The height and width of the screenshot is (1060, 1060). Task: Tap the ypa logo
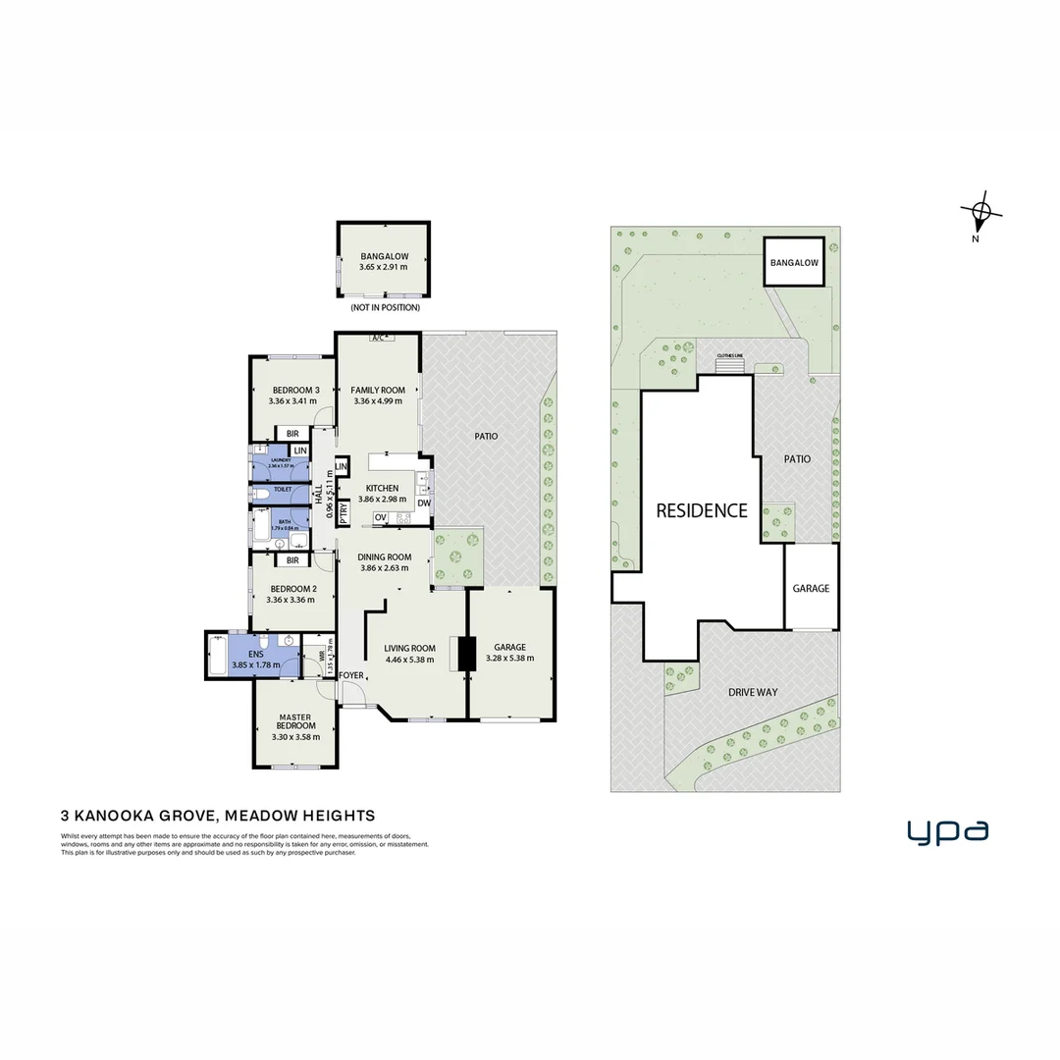click(947, 832)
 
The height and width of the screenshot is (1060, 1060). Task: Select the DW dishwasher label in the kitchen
click(424, 503)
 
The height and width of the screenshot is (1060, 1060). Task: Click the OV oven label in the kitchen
click(380, 517)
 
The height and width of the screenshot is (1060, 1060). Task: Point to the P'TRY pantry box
click(344, 510)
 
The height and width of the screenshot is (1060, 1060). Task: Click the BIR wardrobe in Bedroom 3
click(291, 433)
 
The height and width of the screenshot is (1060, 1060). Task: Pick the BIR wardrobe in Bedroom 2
click(291, 560)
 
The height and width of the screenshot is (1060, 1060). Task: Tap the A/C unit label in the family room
click(378, 339)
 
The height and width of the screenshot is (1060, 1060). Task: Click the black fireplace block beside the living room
click(466, 655)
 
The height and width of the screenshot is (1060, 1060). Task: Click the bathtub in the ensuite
click(217, 656)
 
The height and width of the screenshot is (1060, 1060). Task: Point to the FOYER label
click(350, 676)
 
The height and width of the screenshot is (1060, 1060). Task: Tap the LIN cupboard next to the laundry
click(300, 450)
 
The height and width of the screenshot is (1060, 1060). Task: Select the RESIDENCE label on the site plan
click(701, 510)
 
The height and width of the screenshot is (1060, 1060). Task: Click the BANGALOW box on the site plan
click(794, 263)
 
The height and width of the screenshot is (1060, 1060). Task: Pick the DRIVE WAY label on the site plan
click(752, 692)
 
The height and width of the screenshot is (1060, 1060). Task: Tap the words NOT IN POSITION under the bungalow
click(385, 307)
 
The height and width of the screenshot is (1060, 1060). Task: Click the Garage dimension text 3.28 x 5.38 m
click(510, 659)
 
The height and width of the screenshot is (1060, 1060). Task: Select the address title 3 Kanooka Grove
click(218, 815)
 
